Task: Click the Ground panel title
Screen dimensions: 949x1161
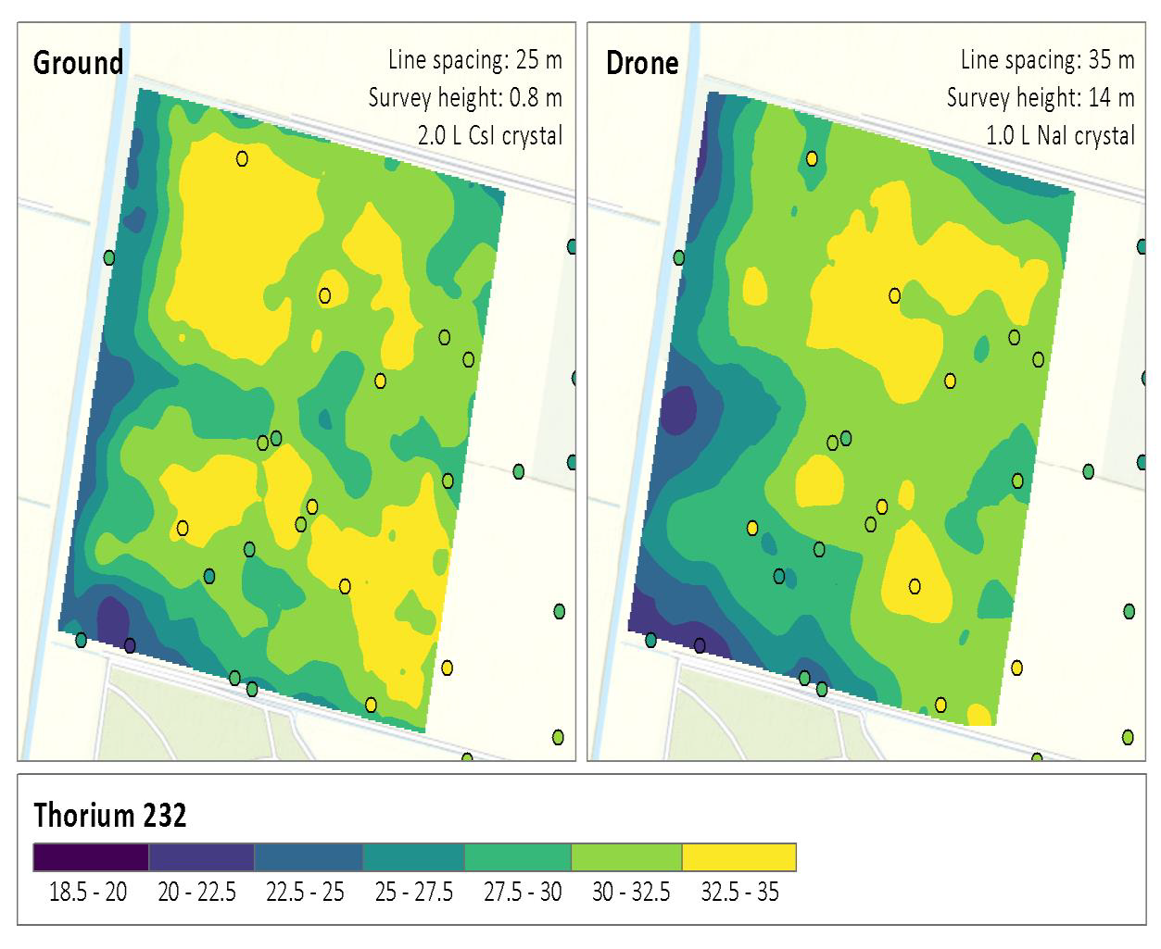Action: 78,63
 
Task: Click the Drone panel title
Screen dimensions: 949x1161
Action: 642,63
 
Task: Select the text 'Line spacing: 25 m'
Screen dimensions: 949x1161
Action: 474,60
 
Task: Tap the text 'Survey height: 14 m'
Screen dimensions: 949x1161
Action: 1040,97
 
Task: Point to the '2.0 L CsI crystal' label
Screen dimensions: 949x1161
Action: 489,135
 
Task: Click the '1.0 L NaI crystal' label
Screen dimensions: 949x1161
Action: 1060,135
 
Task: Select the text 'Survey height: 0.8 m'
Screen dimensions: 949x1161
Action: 464,97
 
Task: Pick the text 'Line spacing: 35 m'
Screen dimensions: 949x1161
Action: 1047,60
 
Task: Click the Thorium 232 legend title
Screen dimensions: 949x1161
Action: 110,815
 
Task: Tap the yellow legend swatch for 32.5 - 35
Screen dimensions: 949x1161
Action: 738,857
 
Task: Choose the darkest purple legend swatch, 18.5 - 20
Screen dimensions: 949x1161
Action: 91,857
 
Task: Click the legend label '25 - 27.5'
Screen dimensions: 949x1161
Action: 413,893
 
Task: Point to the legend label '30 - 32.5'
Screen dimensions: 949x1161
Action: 630,893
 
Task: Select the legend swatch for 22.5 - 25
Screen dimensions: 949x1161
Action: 308,857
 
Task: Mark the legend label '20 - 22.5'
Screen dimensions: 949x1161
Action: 196,893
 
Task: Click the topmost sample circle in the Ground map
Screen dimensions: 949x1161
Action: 242,158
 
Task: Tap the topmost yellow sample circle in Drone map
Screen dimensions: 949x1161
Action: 812,158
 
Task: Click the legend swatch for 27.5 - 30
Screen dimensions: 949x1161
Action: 517,857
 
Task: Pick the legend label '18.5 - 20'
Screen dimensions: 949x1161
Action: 88,893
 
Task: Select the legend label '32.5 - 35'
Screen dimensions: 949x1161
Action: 739,893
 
